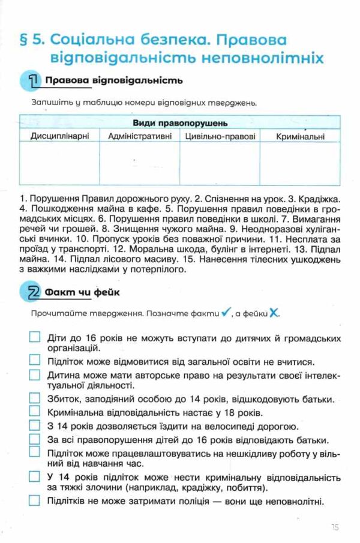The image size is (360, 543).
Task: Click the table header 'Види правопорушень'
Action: click(179, 123)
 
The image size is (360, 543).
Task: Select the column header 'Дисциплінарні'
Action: click(59, 136)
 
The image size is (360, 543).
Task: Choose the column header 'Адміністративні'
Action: click(139, 136)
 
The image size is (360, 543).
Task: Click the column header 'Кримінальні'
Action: click(301, 137)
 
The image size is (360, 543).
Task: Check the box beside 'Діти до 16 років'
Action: click(34, 337)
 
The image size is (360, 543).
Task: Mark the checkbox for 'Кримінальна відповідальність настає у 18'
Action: click(34, 412)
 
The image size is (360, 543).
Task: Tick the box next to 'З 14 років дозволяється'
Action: click(34, 426)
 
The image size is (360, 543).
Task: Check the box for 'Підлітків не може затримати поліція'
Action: click(34, 500)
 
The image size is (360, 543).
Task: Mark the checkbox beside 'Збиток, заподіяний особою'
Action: click(34, 398)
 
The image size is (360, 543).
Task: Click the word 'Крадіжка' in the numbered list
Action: click(323, 197)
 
